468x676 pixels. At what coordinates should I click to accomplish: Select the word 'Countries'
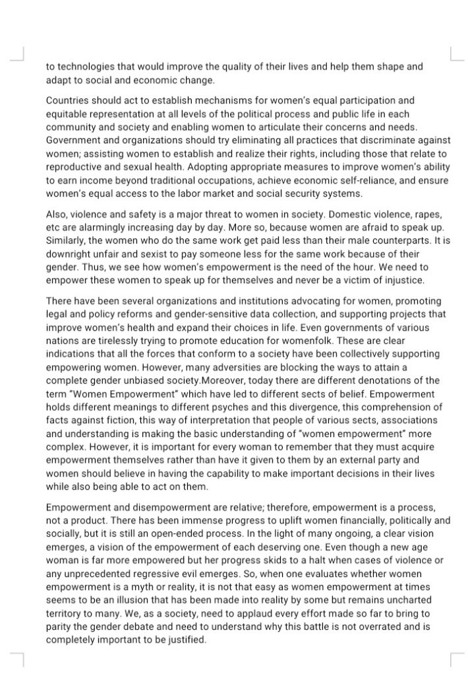tap(67, 101)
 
